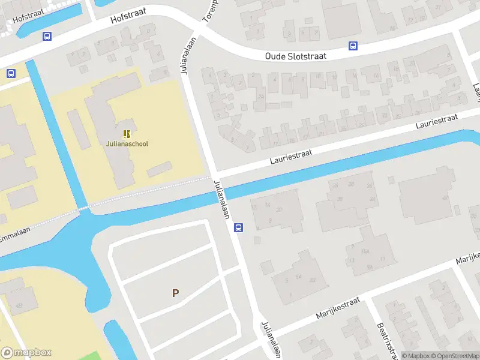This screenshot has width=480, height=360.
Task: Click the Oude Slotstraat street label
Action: click(296, 56)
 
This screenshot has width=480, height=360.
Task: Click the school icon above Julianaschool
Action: click(126, 133)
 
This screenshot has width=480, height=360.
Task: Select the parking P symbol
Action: click(175, 293)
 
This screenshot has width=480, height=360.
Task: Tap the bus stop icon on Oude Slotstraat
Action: click(353, 46)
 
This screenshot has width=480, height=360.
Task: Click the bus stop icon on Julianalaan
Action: click(238, 227)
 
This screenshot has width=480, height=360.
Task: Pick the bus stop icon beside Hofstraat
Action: click(47, 36)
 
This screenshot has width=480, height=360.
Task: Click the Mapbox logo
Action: click(26, 353)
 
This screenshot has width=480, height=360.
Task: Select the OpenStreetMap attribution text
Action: click(453, 356)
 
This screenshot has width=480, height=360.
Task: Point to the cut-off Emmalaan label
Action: click(15, 237)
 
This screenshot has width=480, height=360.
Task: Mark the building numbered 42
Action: click(445, 197)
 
